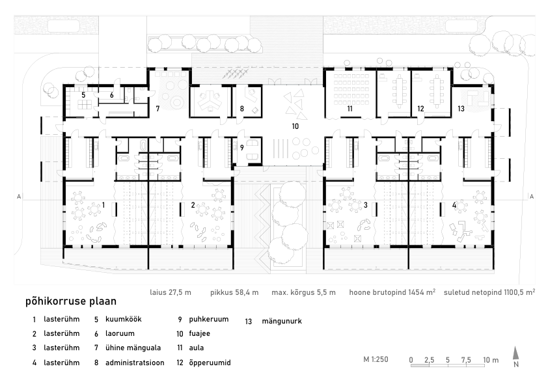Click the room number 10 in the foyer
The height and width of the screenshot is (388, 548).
click(x=295, y=126)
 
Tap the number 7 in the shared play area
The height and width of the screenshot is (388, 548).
click(x=158, y=109)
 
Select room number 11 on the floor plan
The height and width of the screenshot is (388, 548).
click(x=350, y=109)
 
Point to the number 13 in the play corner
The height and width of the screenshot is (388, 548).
click(x=461, y=109)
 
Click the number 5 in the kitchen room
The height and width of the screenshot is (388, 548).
click(x=83, y=95)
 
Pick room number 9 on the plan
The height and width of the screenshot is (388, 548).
click(x=242, y=148)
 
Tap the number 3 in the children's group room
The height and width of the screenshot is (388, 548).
click(x=366, y=205)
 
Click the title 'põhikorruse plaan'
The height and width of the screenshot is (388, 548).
click(x=71, y=301)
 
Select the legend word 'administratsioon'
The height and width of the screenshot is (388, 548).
click(x=135, y=363)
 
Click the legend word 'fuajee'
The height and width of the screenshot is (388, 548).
click(x=200, y=333)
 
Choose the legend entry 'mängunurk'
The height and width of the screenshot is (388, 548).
click(x=282, y=321)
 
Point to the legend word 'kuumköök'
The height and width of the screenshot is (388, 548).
click(x=124, y=319)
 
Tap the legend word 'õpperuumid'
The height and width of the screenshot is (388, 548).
click(x=210, y=363)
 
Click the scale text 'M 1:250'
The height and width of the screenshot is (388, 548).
click(x=376, y=359)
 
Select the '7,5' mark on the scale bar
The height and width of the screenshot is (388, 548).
click(x=466, y=360)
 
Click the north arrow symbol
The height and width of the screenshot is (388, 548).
click(x=516, y=353)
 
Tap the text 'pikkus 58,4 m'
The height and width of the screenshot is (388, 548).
click(x=234, y=292)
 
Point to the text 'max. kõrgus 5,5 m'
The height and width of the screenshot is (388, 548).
click(x=303, y=292)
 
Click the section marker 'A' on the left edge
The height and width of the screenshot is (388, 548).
click(x=19, y=197)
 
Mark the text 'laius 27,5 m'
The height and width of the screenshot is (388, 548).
click(x=171, y=292)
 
